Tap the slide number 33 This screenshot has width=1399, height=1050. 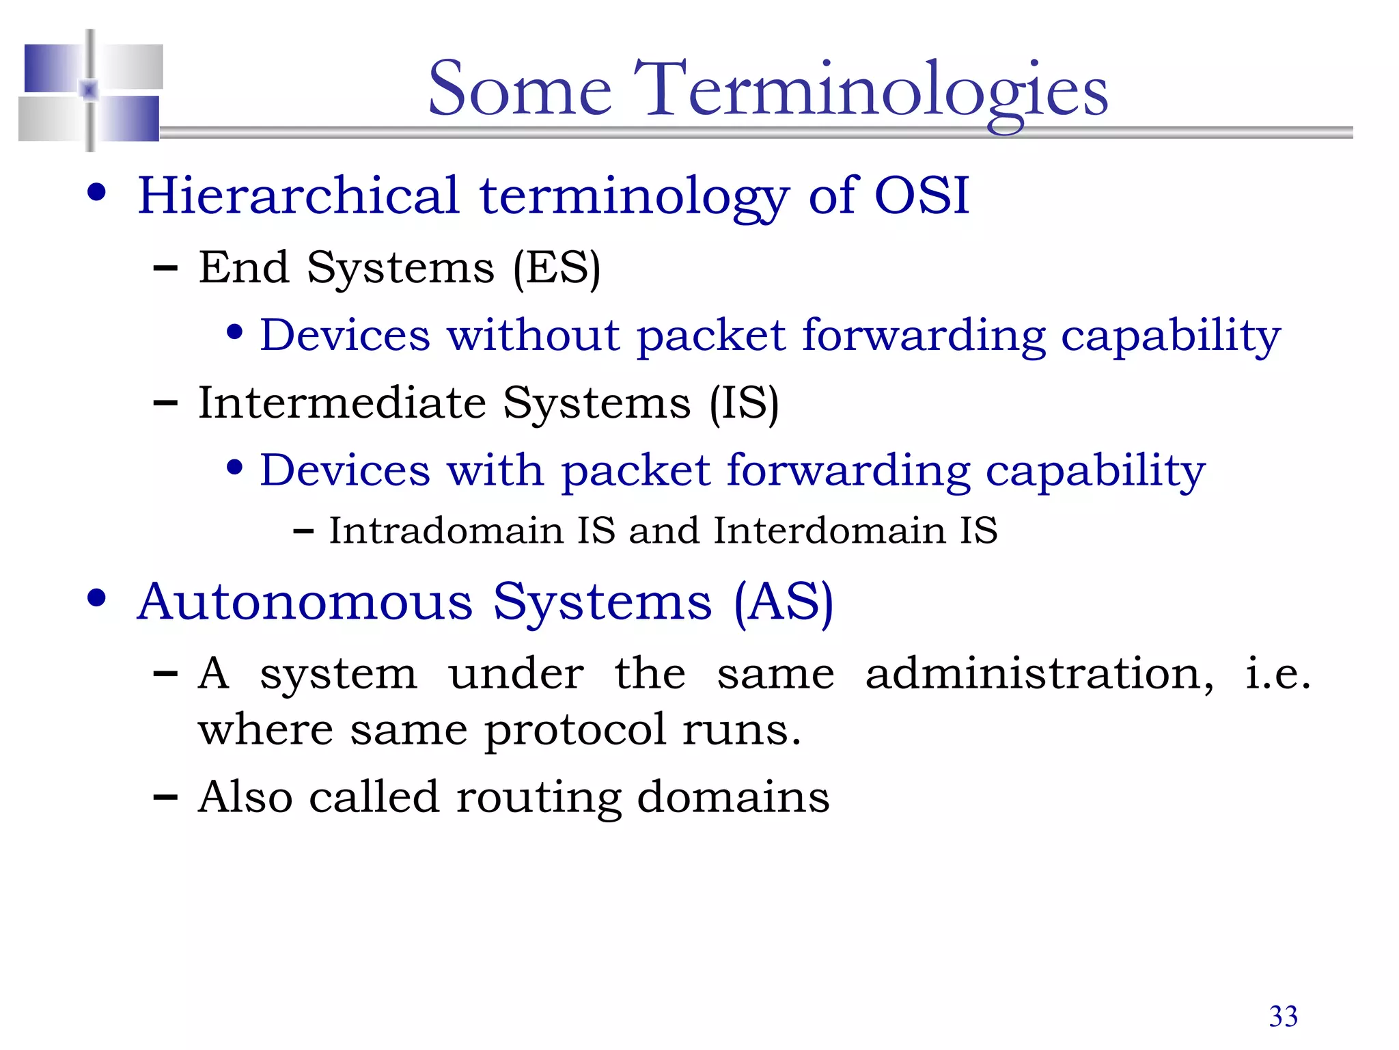pos(1283,1017)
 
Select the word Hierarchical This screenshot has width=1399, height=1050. pos(299,196)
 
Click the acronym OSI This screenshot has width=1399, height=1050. pos(922,196)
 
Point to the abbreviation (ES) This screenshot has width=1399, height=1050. pos(557,268)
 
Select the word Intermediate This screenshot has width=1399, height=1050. pos(342,403)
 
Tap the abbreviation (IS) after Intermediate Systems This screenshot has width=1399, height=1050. pos(743,403)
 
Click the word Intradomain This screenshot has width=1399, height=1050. pos(445,531)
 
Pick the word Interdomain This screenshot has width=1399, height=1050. pos(829,531)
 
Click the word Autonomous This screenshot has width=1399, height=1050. pos(305,602)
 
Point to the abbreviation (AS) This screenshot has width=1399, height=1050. pos(784,602)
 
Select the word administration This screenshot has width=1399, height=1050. pos(1038,674)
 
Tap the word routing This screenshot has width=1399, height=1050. pos(538,798)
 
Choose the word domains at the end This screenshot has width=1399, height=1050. pos(732,797)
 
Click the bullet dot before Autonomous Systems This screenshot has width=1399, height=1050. pos(97,598)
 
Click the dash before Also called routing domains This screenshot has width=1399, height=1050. pos(165,797)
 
